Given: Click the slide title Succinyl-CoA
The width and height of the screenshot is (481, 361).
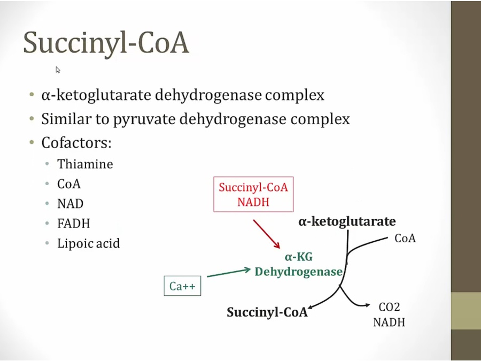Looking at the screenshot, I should tap(106, 42).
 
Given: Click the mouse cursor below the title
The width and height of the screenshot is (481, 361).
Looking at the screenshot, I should tap(58, 70).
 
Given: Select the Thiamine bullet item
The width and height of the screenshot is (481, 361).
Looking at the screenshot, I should tap(85, 164).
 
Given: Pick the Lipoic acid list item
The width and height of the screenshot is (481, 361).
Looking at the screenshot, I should tap(88, 244).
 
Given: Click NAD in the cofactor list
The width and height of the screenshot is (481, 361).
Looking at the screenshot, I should tap(71, 204).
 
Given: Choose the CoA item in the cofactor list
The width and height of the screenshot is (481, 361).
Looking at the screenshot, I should tap(69, 184).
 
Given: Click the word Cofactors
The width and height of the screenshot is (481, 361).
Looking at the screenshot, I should tap(76, 143).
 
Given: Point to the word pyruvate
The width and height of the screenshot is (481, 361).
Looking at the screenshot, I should tap(144, 119).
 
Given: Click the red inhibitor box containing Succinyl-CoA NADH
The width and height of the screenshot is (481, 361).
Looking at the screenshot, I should tap(253, 195).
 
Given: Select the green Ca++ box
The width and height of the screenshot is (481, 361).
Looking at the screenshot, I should tap(182, 287).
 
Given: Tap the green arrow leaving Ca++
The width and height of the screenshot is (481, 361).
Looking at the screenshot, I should tap(228, 273).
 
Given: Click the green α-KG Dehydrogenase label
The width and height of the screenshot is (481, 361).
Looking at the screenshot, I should tap(298, 265).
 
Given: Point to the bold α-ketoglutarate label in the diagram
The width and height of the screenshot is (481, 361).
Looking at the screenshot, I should tap(347, 221).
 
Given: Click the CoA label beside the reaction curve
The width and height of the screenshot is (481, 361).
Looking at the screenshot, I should tap(405, 239).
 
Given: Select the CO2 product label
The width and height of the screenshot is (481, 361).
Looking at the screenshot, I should tap(389, 308).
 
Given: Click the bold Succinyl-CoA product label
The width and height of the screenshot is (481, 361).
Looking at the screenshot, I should tap(267, 312).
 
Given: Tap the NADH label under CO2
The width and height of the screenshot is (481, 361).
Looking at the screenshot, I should tap(389, 322).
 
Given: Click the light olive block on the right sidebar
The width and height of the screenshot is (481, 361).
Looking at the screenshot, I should tap(466, 311).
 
